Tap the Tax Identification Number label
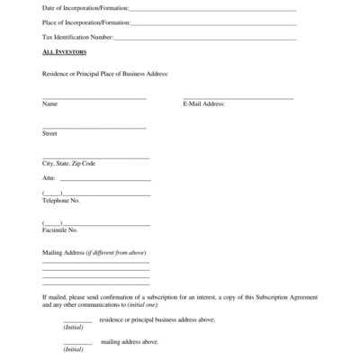tap(77, 38)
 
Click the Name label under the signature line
tap(49, 103)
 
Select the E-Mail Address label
tap(203, 103)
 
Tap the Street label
tap(49, 133)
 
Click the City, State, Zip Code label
tap(68, 163)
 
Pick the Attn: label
tap(49, 178)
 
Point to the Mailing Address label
tap(94, 252)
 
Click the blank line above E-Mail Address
tap(238, 97)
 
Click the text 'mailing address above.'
tap(130, 342)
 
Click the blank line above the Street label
tap(94, 128)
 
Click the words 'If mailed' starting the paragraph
tap(54, 295)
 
